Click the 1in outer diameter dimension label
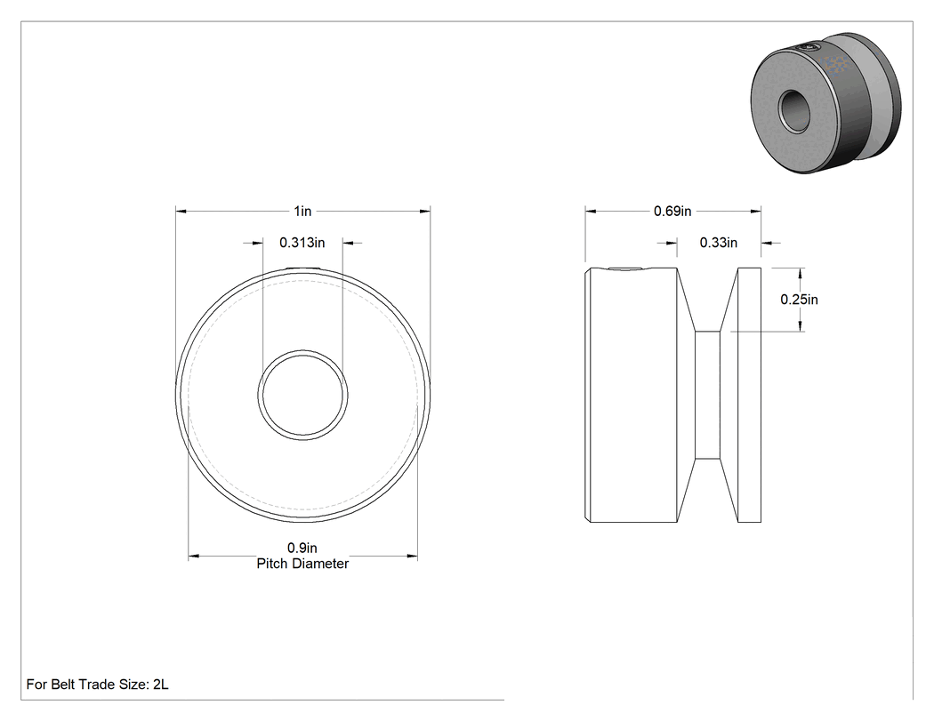click(x=302, y=211)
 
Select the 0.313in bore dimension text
click(x=302, y=243)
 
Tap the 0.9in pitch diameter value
click(x=302, y=548)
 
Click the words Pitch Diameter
click(x=302, y=564)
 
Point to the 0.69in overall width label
click(x=672, y=211)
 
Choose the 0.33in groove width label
click(x=719, y=243)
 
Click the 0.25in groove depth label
click(x=800, y=299)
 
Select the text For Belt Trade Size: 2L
click(x=97, y=684)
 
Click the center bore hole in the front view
click(x=303, y=396)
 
